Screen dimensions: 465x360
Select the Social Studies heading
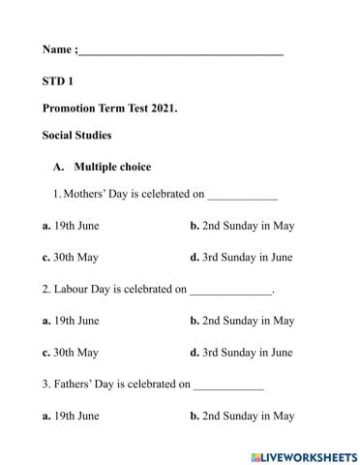point(76,135)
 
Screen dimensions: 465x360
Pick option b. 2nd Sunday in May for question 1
point(242,226)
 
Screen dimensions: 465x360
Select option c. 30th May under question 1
point(71,258)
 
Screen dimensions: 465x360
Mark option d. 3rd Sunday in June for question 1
point(241,258)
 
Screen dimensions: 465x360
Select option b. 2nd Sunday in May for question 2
point(242,321)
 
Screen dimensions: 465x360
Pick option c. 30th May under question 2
point(71,353)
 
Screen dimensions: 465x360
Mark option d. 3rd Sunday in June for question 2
point(241,353)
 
